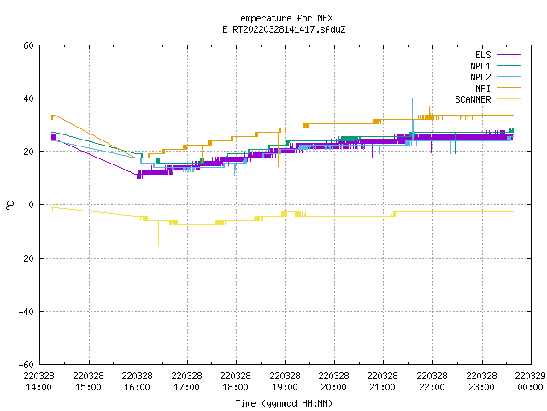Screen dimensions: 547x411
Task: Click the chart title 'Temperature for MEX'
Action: tap(284, 18)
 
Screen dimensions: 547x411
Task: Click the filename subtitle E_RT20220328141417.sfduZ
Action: tap(284, 29)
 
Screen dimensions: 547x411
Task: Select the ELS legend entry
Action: tap(497, 55)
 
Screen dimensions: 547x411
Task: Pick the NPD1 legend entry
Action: tap(496, 66)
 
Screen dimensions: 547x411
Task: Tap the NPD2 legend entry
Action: tap(496, 77)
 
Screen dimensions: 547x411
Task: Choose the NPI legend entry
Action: tap(497, 88)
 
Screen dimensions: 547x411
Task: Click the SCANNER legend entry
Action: tap(488, 99)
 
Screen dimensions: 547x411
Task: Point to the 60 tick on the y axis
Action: tap(28, 45)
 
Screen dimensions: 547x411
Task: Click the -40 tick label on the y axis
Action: tap(26, 311)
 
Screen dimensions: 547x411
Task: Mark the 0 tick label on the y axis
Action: tap(31, 205)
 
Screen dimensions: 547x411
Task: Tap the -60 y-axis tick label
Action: tap(26, 365)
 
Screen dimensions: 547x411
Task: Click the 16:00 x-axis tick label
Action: tap(137, 382)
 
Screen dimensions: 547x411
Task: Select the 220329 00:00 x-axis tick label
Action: tap(530, 382)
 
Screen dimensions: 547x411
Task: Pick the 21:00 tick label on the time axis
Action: tap(382, 382)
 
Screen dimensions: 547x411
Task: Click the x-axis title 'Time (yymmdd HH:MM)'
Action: tap(284, 403)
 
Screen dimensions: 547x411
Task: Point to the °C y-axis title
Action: tap(9, 205)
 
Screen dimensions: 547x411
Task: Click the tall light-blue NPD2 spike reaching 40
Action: tap(413, 119)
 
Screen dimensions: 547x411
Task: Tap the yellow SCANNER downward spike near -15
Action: tap(158, 233)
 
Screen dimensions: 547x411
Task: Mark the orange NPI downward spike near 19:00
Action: tap(278, 147)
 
